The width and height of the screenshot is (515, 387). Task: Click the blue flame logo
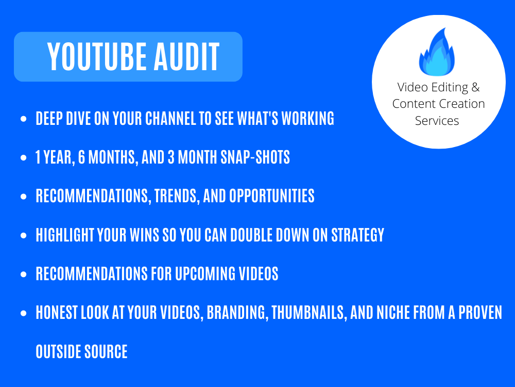[x=438, y=52]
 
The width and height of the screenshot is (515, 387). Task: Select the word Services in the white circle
[x=437, y=121]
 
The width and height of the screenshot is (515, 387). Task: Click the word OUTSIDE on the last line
[x=56, y=352]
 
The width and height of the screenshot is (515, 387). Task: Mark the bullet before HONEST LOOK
[x=23, y=313]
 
